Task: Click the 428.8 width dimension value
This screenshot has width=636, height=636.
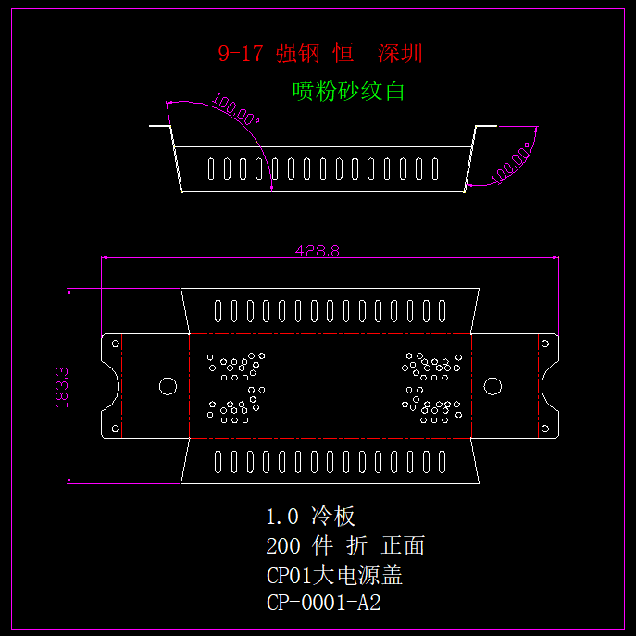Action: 318,250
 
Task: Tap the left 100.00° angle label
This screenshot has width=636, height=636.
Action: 236,108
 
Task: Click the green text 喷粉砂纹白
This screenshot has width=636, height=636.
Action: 349,91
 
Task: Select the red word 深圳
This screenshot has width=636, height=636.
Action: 400,53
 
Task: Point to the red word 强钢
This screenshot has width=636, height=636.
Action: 297,53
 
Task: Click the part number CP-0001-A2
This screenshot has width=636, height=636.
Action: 323,604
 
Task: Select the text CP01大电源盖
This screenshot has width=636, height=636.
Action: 334,575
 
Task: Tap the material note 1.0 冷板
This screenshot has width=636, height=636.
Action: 311,517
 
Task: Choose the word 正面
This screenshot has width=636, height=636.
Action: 403,546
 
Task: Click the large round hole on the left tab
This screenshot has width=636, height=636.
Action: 168,385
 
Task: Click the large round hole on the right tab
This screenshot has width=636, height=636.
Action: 493,385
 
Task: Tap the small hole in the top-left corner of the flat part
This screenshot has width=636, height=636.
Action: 116,343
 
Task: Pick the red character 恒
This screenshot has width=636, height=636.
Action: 343,53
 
